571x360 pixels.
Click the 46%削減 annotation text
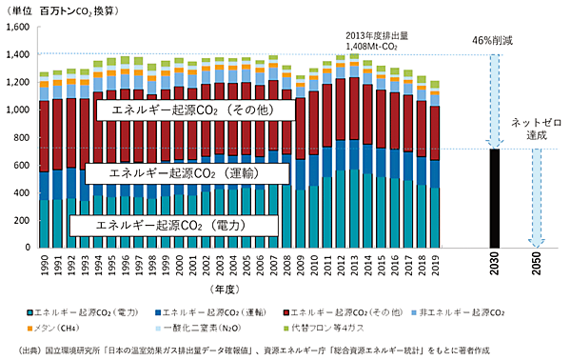pos(493,42)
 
